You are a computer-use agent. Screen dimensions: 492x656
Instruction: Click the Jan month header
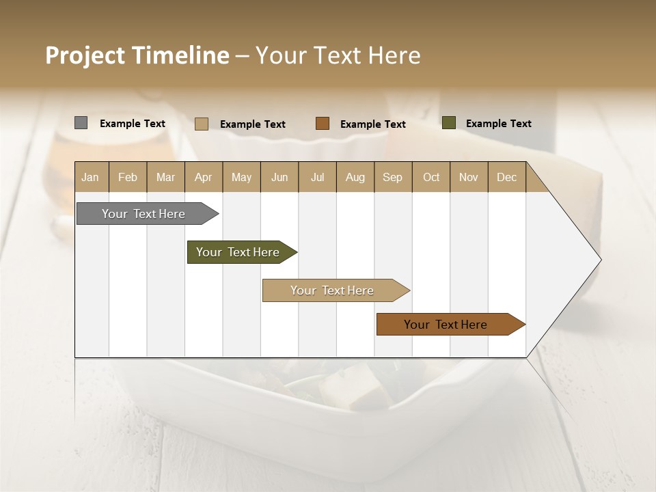[x=90, y=177]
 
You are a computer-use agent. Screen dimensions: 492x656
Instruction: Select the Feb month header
[x=128, y=177]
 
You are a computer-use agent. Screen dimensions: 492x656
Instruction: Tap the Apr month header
[x=203, y=177]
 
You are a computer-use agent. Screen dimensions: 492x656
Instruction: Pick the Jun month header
[x=279, y=177]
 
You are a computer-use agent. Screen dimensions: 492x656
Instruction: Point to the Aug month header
[x=355, y=177]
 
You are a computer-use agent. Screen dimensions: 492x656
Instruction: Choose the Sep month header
[x=392, y=177]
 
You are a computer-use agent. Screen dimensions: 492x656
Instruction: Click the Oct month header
[x=431, y=177]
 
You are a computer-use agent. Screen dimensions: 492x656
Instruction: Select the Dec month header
[x=506, y=177]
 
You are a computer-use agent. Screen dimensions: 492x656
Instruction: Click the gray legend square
[x=81, y=123]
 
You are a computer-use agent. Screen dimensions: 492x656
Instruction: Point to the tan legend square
[x=202, y=124]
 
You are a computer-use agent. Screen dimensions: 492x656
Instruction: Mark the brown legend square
[x=323, y=124]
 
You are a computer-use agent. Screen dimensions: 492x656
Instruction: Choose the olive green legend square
[x=448, y=123]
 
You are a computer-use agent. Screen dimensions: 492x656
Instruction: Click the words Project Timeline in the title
[x=137, y=55]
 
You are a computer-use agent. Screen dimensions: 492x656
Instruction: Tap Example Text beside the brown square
[x=373, y=124]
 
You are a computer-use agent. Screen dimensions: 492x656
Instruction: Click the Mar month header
[x=165, y=177]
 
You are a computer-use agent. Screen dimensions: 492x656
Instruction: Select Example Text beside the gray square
[x=133, y=124]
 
